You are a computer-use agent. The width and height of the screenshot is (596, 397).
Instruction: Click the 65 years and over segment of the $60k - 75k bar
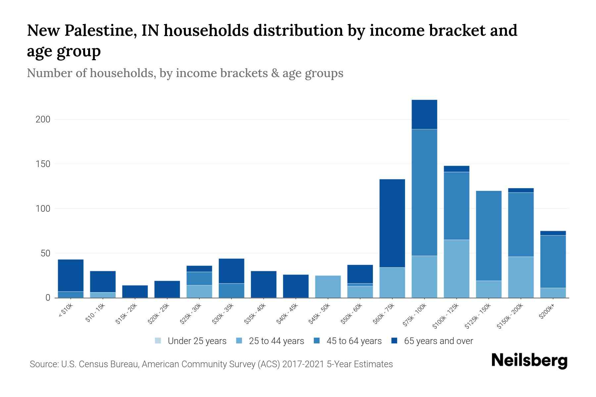click(x=392, y=223)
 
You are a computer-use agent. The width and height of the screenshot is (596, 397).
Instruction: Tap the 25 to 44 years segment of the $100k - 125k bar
click(x=456, y=269)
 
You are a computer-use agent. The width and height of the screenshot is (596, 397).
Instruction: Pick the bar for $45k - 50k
click(x=328, y=287)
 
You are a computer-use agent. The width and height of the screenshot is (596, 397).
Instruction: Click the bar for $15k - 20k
click(x=135, y=291)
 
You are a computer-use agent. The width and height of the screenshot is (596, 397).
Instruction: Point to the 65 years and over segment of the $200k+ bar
click(x=553, y=233)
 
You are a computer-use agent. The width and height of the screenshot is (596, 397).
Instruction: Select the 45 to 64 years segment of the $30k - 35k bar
click(x=231, y=290)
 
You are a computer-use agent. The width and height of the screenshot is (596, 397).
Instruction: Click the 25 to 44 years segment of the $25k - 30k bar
click(x=199, y=291)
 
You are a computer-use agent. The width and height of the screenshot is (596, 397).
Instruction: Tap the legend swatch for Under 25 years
click(x=158, y=341)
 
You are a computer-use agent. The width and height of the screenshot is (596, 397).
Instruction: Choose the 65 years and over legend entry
click(x=438, y=341)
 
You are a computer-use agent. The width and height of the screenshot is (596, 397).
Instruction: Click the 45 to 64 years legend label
click(x=354, y=341)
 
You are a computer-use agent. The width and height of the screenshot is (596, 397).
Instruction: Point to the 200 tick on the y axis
click(x=43, y=119)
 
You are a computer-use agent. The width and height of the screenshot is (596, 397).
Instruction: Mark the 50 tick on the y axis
click(x=45, y=253)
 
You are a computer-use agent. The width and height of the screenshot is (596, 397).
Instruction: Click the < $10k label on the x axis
click(x=66, y=310)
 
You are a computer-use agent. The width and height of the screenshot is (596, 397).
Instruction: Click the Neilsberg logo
click(x=529, y=361)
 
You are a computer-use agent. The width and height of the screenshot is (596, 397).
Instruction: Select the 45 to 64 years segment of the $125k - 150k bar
click(x=488, y=236)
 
